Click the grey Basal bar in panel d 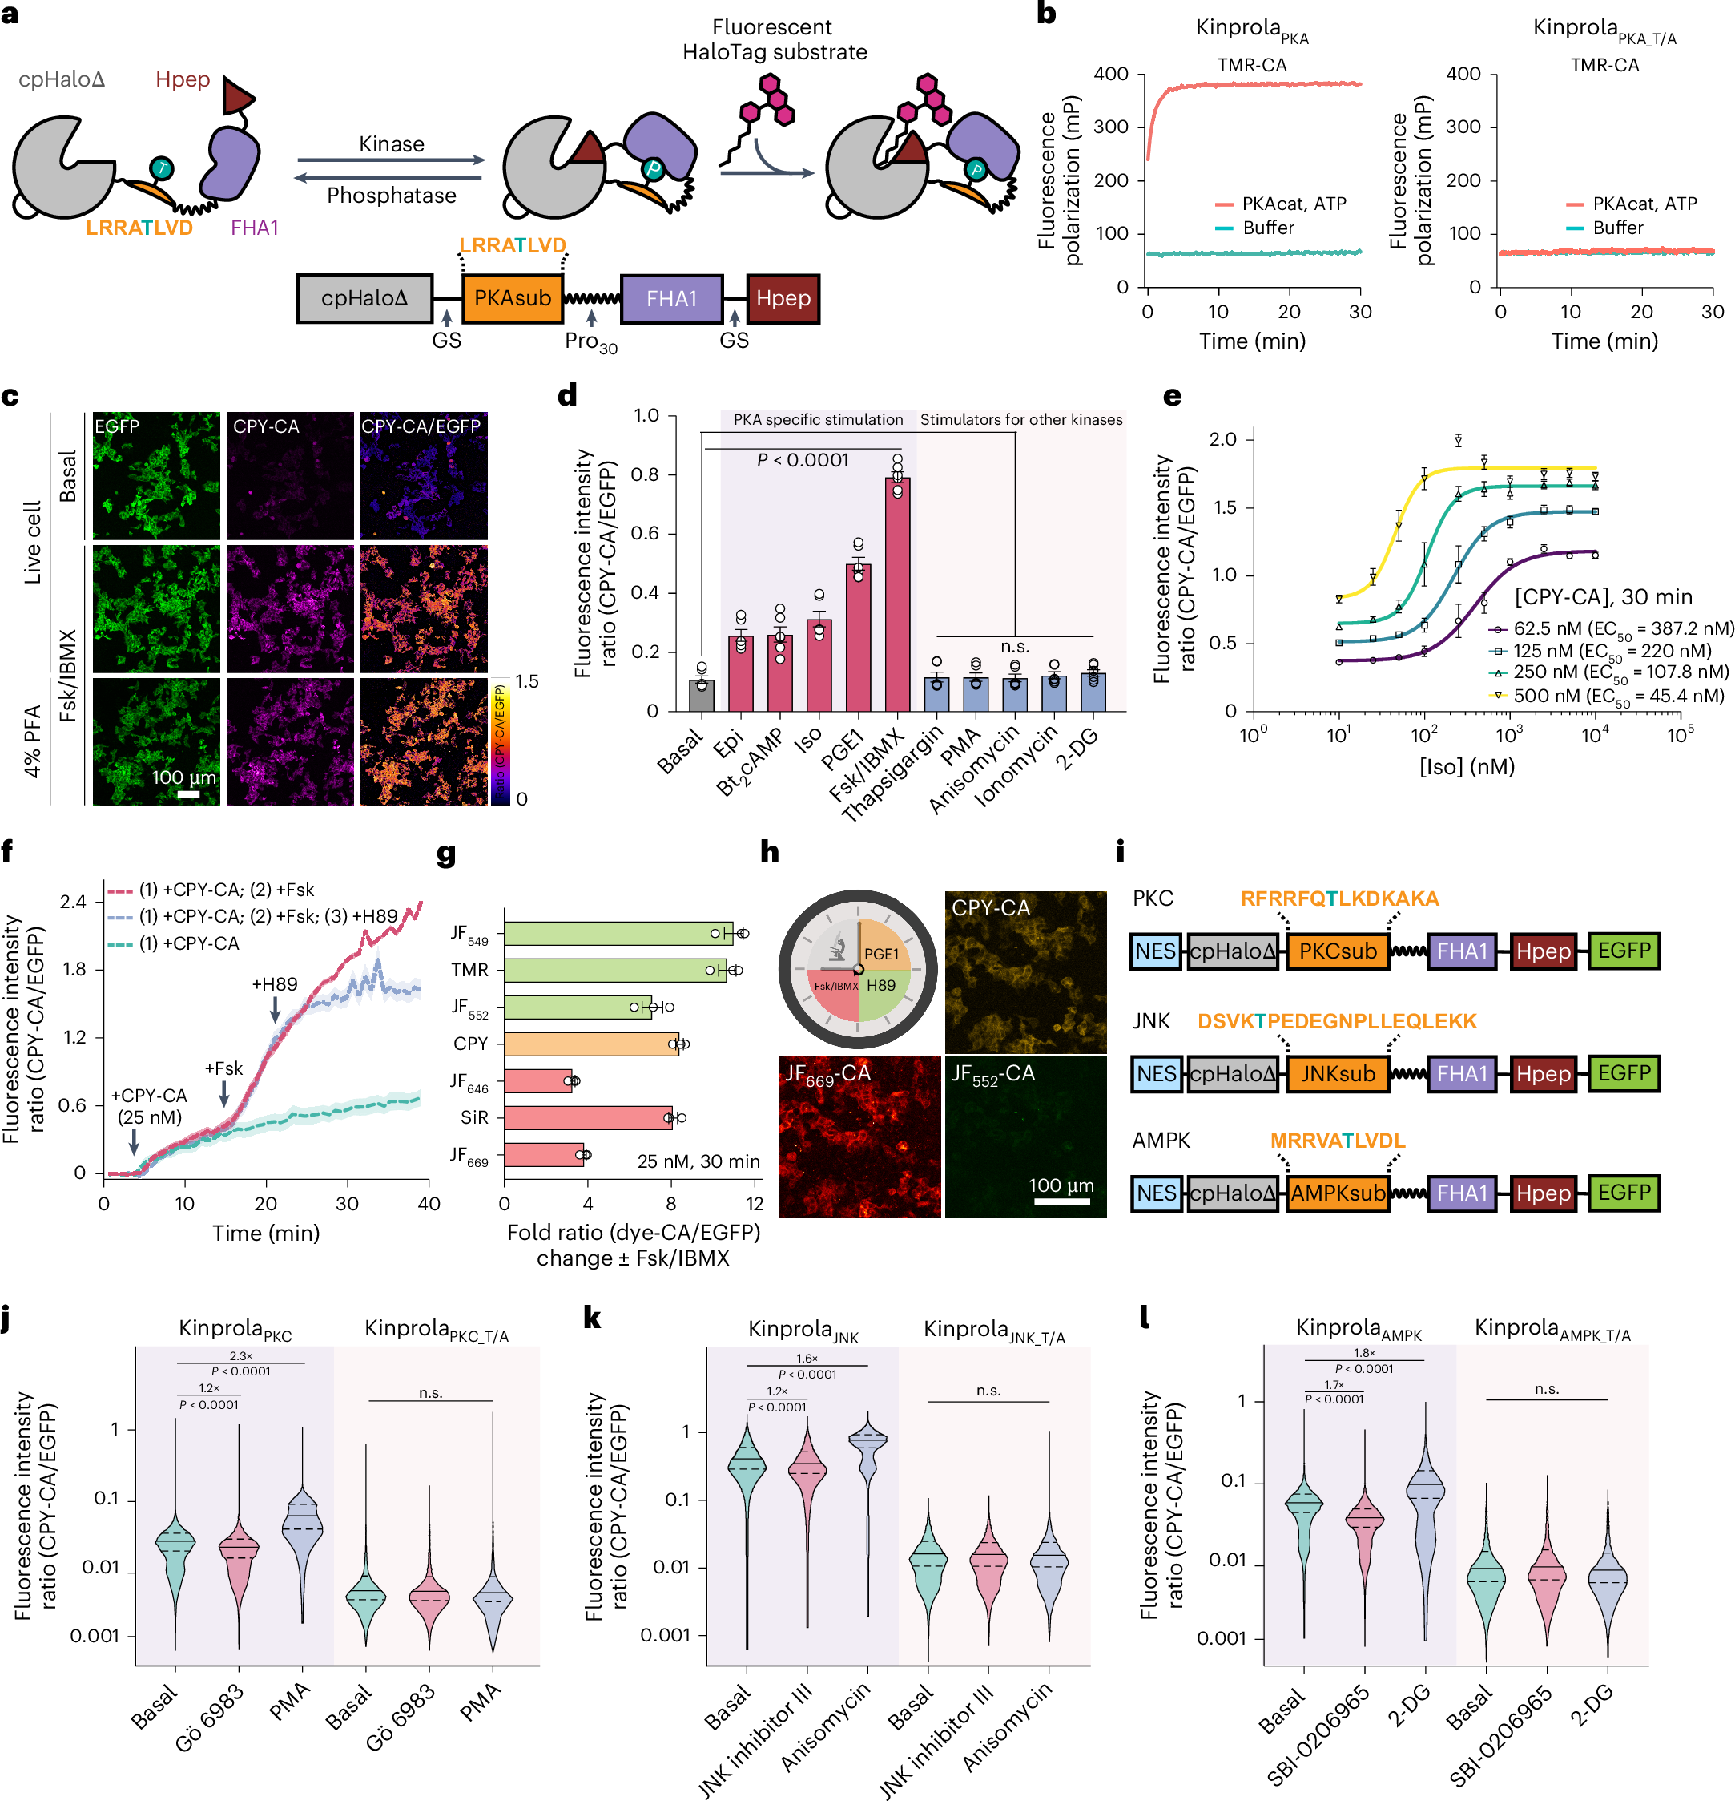point(701,695)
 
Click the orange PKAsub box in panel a point(512,299)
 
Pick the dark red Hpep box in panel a point(783,299)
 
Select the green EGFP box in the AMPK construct point(1623,1193)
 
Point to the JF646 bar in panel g point(537,1080)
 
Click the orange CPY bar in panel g point(590,1044)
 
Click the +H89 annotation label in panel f point(275,984)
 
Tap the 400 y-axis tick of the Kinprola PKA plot point(1111,74)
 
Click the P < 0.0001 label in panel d point(802,460)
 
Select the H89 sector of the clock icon point(881,986)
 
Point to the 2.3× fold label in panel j point(240,1356)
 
